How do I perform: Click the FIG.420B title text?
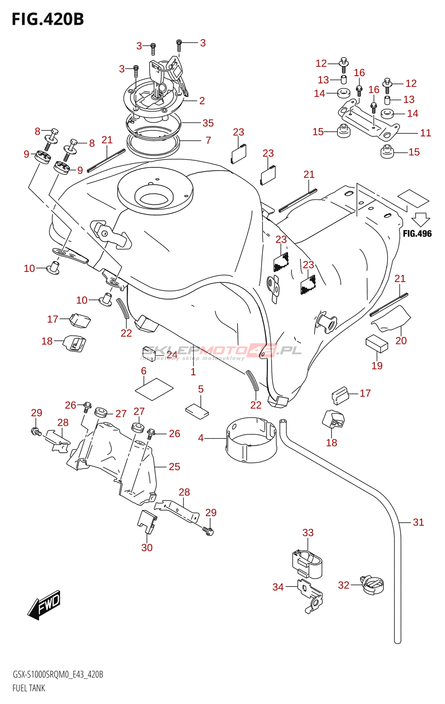(x=47, y=19)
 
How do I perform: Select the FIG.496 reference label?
(x=417, y=234)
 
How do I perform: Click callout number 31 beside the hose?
(x=418, y=522)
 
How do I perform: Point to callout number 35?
(x=208, y=123)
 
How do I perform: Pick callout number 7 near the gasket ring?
(x=208, y=140)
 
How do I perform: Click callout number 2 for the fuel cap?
(x=202, y=101)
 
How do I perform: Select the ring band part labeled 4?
(x=251, y=441)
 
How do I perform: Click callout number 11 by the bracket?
(x=425, y=133)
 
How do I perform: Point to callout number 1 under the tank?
(x=193, y=372)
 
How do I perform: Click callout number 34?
(x=278, y=587)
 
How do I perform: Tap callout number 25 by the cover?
(x=175, y=467)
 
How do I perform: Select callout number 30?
(x=147, y=548)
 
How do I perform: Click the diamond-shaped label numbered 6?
(x=154, y=389)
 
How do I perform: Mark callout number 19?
(x=377, y=366)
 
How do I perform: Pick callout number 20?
(x=401, y=341)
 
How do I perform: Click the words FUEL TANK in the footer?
(x=29, y=688)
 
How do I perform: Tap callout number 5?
(x=201, y=389)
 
